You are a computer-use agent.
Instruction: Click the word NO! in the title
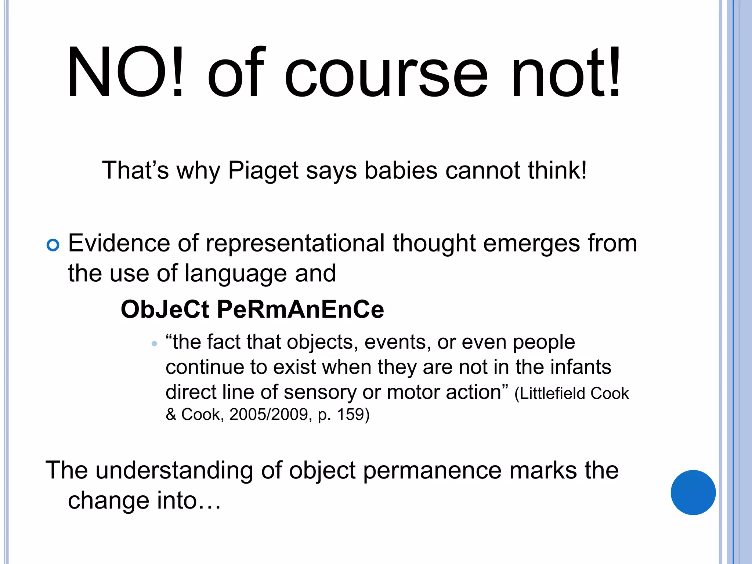click(125, 72)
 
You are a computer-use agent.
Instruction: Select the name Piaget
click(263, 171)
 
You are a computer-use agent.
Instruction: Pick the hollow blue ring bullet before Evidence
click(53, 245)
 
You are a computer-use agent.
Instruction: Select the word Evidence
click(119, 243)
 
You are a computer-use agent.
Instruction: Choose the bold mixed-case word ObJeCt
click(165, 309)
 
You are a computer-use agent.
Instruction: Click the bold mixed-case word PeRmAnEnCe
click(300, 309)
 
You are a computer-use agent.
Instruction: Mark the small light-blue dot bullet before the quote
click(154, 344)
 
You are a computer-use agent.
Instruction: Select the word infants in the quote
click(581, 367)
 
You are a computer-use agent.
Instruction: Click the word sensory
click(320, 392)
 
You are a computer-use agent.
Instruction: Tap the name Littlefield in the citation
click(547, 394)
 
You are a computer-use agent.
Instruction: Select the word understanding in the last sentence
click(174, 470)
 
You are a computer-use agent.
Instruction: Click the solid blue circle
click(693, 492)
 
